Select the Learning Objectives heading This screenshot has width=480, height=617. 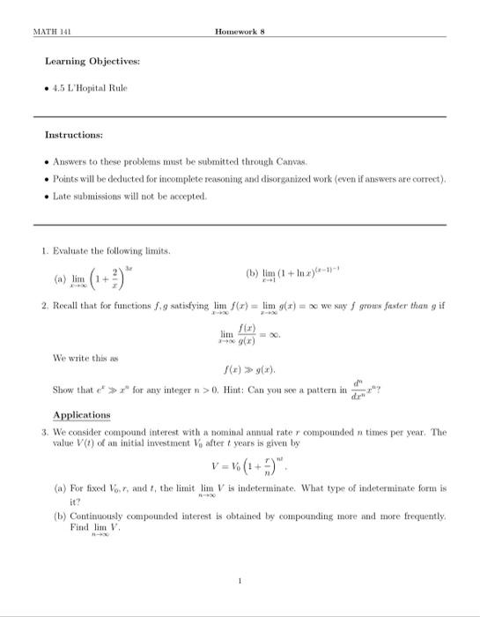(x=92, y=62)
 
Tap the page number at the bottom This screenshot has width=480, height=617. (x=239, y=581)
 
